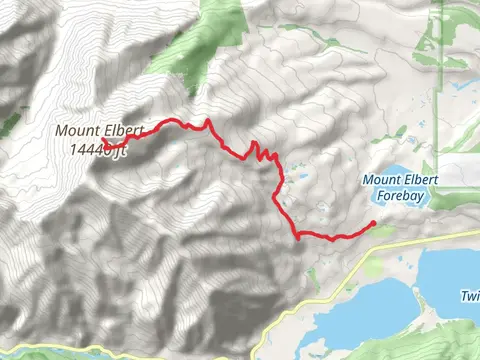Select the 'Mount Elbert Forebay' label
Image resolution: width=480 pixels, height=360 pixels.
click(x=400, y=187)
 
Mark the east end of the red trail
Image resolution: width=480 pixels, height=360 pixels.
click(x=373, y=223)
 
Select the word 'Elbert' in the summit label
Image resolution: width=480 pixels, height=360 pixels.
click(x=123, y=130)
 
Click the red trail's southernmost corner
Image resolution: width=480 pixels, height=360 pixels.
click(x=299, y=238)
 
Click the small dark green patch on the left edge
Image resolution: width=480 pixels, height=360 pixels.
click(x=8, y=126)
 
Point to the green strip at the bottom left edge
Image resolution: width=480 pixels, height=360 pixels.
click(x=20, y=352)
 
